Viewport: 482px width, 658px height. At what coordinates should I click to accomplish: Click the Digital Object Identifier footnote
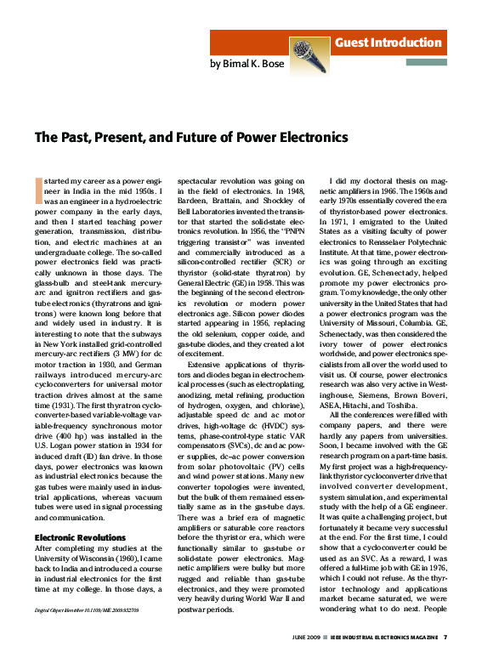coord(86,609)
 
